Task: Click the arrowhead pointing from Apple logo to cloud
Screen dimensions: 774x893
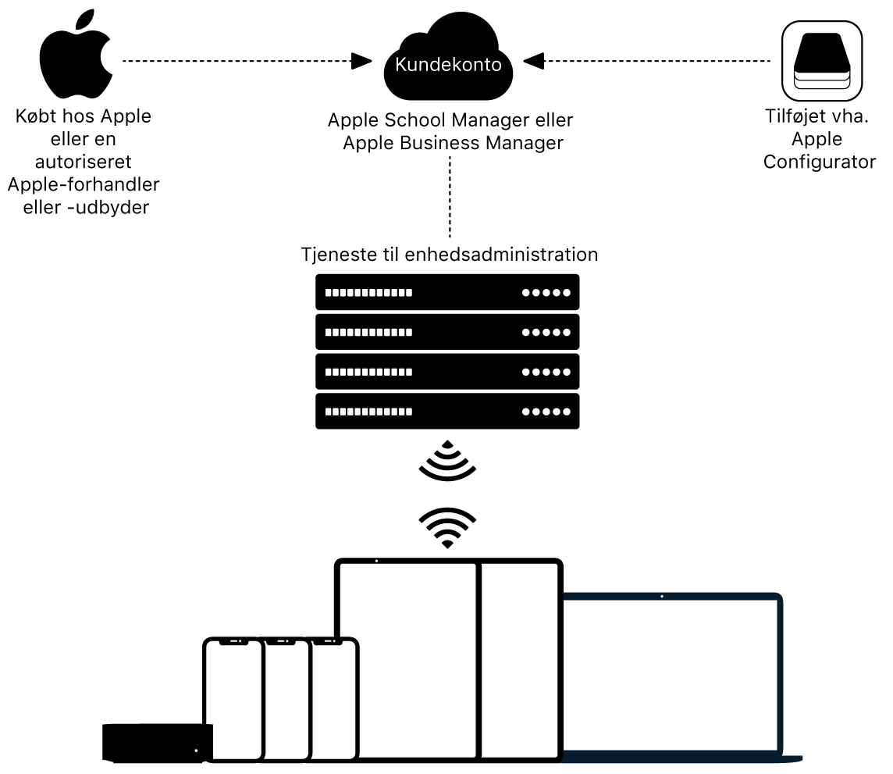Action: pos(361,60)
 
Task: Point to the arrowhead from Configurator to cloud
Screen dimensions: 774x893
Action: pos(534,60)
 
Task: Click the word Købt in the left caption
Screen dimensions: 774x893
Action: pos(35,117)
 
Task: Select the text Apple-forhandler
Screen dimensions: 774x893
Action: pos(84,185)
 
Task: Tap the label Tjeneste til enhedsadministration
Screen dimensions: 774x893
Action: pos(449,255)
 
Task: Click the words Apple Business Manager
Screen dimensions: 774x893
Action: pos(453,144)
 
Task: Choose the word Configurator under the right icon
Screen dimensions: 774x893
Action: pos(820,162)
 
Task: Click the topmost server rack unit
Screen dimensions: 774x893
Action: pos(447,292)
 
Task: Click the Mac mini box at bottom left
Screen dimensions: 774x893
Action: pos(157,741)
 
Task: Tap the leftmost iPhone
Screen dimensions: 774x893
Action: pos(233,699)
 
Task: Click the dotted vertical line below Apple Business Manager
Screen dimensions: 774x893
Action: pos(450,196)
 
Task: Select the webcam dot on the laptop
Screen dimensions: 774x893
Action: pos(662,597)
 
